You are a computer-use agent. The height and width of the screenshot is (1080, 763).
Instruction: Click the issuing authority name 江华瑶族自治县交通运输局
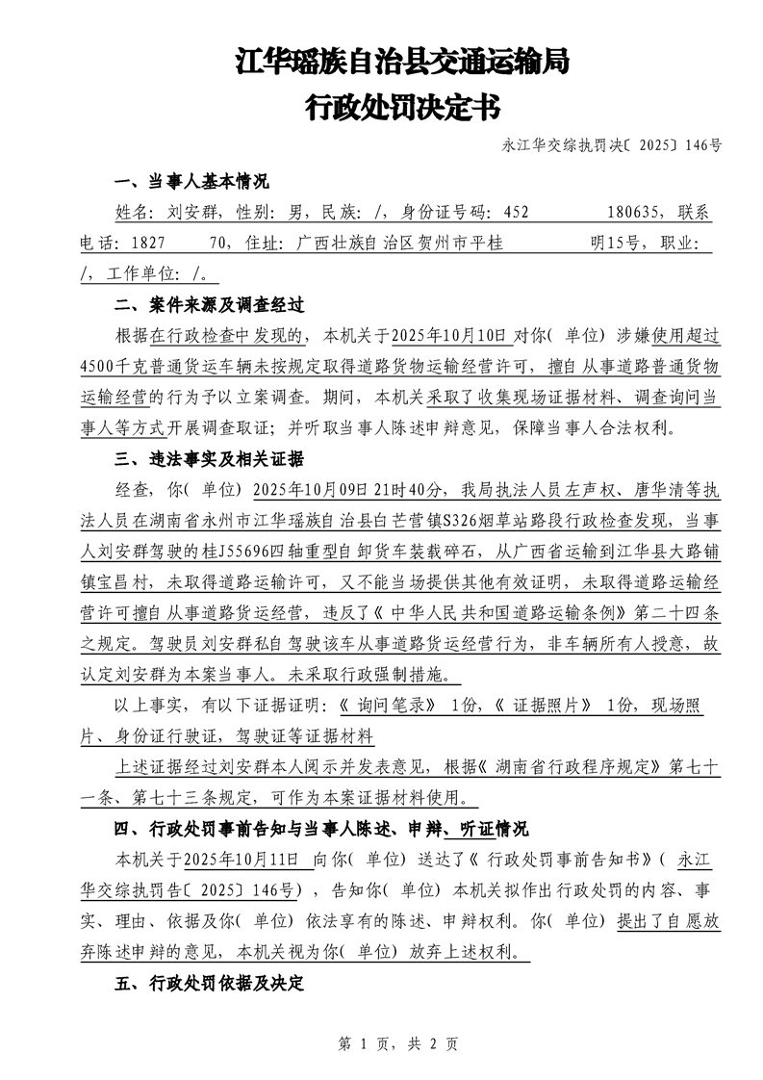click(401, 64)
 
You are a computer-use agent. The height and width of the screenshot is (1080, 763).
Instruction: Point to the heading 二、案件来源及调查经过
click(209, 306)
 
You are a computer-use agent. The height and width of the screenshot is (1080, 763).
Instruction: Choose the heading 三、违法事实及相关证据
click(209, 458)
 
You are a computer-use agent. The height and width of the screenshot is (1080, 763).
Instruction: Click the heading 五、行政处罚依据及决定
click(209, 983)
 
